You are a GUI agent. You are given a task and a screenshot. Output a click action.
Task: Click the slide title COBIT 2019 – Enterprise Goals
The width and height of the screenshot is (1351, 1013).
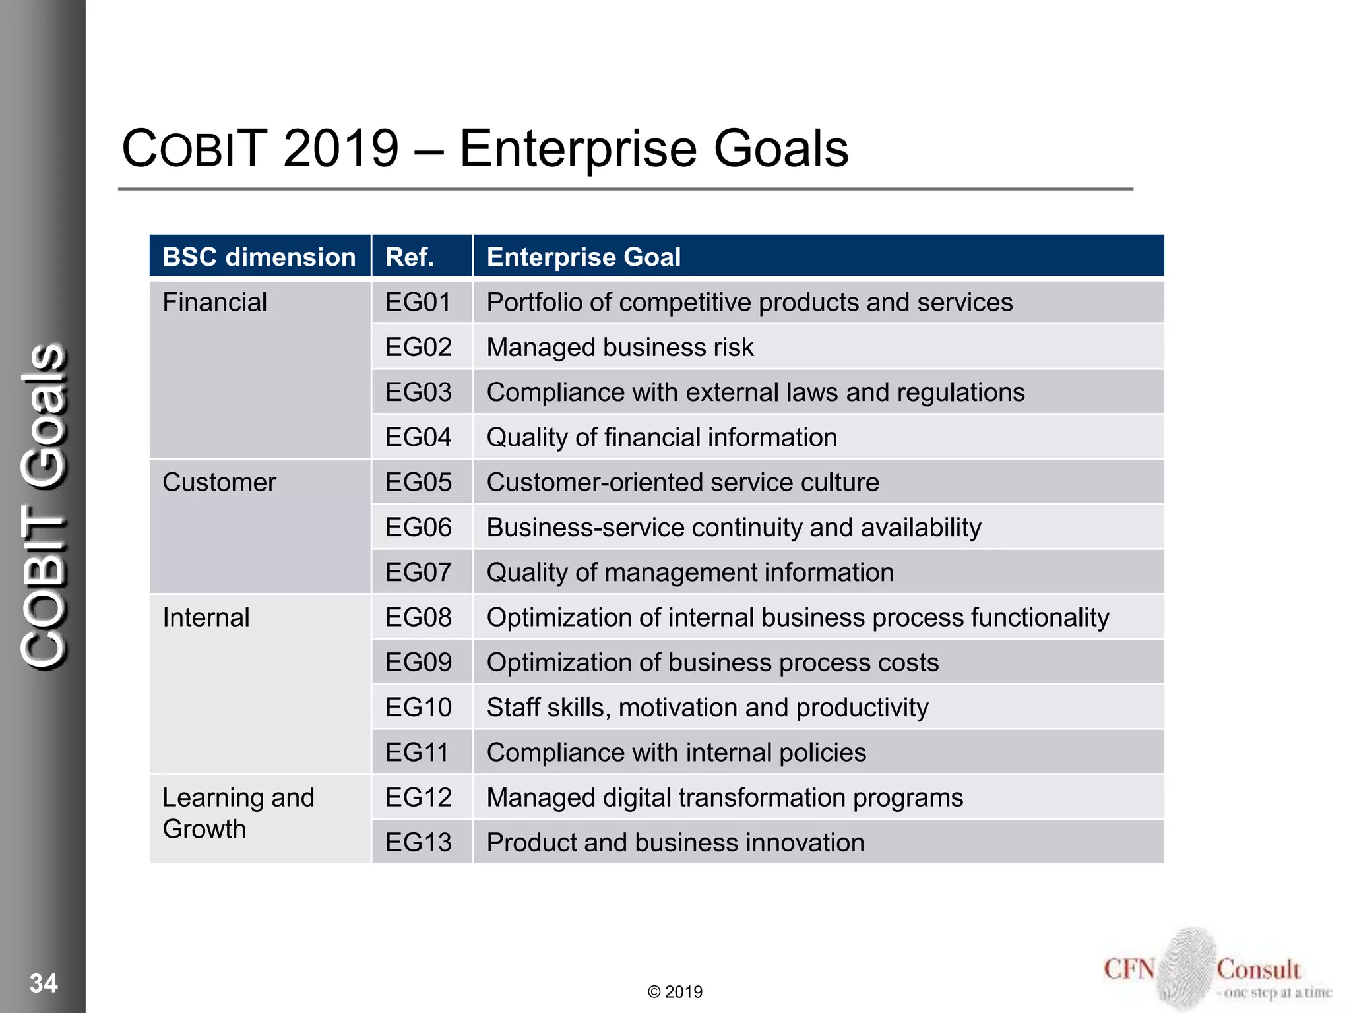pos(485,148)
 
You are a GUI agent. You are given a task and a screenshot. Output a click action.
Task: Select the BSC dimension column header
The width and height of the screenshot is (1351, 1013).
pos(259,257)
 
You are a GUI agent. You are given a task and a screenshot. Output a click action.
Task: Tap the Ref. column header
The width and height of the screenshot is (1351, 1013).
pos(410,257)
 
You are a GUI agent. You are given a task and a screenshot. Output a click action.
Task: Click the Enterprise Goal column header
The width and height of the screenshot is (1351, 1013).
pos(583,257)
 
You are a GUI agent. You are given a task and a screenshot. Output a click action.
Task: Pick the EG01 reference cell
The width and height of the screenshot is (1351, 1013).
pos(418,302)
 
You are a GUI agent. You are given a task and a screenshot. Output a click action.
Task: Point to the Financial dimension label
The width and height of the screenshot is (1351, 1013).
pos(214,302)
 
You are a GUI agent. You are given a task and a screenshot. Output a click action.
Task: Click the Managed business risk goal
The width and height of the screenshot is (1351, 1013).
pos(619,347)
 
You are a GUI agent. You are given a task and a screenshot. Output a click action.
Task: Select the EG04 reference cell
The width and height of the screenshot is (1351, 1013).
pos(418,437)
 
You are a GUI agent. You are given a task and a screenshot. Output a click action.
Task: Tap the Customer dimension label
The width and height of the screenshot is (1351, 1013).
pos(219,482)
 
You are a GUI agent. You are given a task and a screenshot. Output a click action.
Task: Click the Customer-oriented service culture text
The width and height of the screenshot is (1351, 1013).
pos(682,482)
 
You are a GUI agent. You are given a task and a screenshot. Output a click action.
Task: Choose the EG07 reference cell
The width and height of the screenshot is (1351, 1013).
pos(418,572)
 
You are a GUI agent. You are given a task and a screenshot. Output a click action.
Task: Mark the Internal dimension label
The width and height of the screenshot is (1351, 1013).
pos(206,617)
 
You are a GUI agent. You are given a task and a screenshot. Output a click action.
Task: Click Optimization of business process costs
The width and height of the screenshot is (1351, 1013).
pos(712,662)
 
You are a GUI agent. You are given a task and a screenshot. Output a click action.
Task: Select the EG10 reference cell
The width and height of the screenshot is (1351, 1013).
pos(418,707)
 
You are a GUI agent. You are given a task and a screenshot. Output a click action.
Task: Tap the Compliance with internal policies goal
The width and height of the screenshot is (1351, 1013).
pos(675,752)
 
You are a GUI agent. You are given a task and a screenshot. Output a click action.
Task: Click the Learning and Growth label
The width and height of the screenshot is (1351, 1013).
pos(237,813)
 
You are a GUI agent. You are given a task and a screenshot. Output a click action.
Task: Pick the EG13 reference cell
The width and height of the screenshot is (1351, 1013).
pos(418,842)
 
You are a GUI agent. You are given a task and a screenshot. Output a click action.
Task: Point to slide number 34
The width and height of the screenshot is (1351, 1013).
pos(44,983)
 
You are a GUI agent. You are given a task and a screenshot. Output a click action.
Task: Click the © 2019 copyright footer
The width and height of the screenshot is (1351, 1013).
pos(675,991)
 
